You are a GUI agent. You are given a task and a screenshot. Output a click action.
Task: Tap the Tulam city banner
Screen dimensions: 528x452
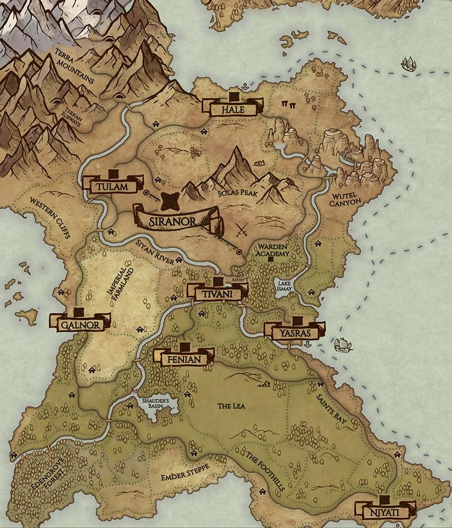pos(113,186)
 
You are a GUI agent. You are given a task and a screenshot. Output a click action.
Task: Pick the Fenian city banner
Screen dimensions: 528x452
pos(184,359)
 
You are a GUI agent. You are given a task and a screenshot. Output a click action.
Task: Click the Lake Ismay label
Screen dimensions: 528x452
pos(284,286)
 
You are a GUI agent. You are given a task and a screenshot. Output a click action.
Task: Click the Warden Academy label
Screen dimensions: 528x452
pos(273,250)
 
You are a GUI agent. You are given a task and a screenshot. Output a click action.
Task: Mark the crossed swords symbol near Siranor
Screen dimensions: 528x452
pos(242,231)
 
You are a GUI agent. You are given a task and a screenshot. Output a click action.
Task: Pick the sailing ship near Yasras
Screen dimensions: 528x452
pos(343,344)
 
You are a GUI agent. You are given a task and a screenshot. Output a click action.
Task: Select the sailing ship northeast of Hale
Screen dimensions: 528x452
pos(409,64)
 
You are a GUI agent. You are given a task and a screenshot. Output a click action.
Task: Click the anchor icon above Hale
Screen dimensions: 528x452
pos(245,87)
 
